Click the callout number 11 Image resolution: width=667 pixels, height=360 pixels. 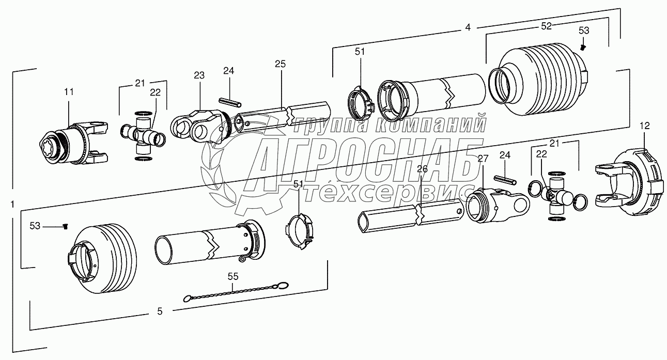[69, 92]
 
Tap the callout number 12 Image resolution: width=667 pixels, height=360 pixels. [644, 126]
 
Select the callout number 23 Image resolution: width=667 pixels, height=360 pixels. [199, 75]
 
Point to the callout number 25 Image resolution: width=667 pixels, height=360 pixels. [280, 64]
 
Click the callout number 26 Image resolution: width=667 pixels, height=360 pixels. [422, 169]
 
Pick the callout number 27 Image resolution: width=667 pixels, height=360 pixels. [483, 159]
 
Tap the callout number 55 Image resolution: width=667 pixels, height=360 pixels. [233, 277]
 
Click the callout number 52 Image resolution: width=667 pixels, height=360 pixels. [547, 26]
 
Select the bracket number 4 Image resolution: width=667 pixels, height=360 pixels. [468, 27]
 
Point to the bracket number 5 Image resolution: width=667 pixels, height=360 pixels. [160, 311]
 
